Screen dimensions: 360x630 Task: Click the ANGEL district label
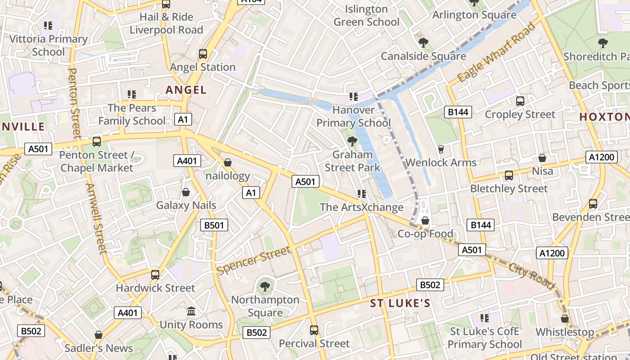(186, 90)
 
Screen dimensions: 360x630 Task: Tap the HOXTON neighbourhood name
(603, 117)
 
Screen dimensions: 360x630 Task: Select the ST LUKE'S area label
(400, 303)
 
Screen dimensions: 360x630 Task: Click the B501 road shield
(214, 225)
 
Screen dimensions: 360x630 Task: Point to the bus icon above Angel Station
(203, 54)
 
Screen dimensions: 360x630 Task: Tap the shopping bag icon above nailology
(228, 162)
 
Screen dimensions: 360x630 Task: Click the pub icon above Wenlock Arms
(441, 149)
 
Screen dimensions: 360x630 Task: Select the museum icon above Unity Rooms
(191, 311)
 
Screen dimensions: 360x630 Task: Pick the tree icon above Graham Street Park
(352, 142)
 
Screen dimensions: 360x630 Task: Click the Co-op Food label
(425, 234)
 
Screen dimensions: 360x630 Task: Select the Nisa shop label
(542, 171)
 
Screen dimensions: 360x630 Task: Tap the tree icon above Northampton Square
(265, 286)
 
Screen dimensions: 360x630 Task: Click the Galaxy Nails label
(186, 205)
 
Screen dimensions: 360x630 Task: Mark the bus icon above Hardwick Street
(155, 274)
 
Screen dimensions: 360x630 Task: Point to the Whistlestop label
(565, 332)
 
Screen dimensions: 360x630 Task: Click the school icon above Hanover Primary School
(353, 96)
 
